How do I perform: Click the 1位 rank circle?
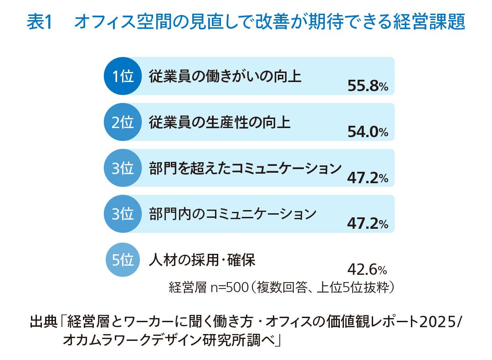123,76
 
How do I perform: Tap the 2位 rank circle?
123,122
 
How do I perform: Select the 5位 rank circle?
123,260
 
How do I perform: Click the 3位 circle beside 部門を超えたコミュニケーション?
123,168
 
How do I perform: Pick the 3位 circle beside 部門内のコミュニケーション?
123,214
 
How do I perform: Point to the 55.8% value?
367,86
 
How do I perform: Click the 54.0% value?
367,132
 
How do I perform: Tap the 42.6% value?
367,270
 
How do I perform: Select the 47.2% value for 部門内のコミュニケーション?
367,224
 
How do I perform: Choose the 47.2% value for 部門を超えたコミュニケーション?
367,178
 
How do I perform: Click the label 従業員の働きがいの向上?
225,77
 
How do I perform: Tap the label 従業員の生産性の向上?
220,123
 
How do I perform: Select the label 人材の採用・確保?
202,260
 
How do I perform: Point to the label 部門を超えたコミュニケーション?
245,169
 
